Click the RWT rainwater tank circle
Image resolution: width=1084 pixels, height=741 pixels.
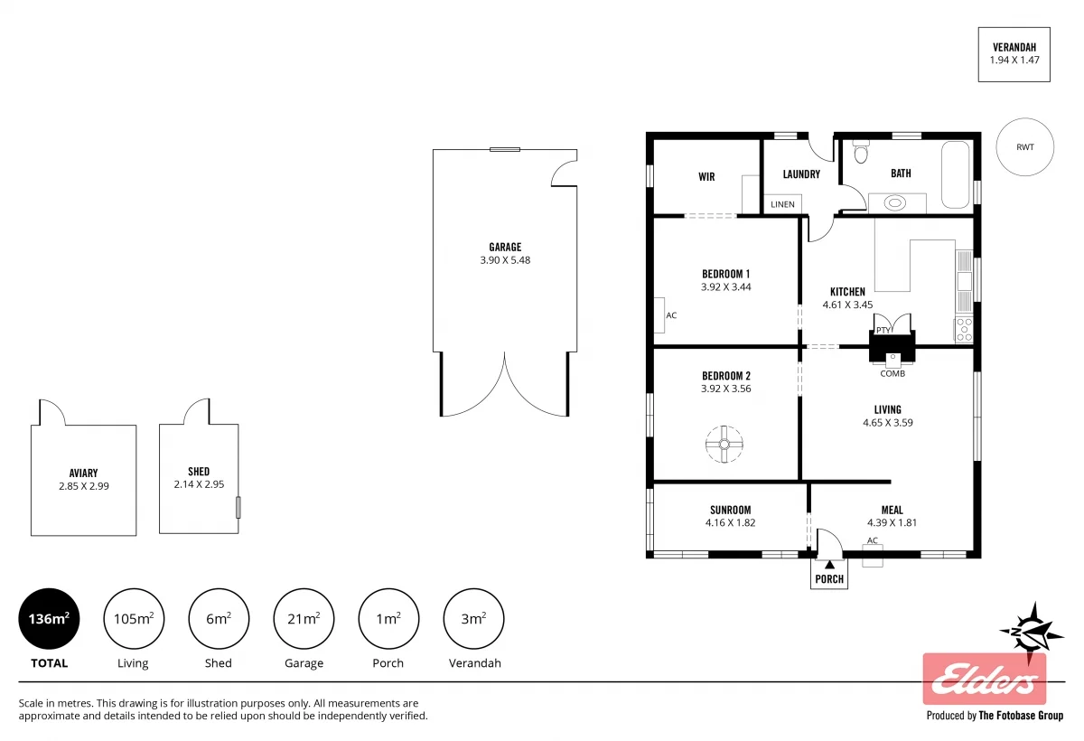coord(1024,147)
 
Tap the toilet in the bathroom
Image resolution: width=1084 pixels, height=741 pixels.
coord(860,153)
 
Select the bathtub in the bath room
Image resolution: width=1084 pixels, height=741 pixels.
coord(955,174)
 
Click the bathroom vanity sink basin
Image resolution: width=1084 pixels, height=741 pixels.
coord(894,203)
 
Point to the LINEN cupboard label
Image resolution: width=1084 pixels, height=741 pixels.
coord(782,204)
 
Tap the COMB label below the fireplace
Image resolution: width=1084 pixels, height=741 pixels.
coord(892,373)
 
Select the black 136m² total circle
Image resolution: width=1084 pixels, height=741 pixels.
coord(49,619)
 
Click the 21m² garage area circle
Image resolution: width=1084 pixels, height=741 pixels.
coord(304,619)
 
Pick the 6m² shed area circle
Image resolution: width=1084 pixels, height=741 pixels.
coord(218,619)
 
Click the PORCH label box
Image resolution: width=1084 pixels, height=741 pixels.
coord(829,578)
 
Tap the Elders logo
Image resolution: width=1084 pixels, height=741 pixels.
coord(984,680)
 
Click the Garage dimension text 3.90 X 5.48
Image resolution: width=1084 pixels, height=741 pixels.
coord(505,260)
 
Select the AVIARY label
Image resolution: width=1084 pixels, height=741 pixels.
coord(83,473)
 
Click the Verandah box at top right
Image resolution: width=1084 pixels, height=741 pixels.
coord(1014,54)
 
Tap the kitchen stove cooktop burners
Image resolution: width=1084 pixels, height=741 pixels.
coord(964,328)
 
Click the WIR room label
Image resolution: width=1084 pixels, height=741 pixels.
coord(706,177)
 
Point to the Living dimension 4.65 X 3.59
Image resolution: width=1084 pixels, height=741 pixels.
coord(887,422)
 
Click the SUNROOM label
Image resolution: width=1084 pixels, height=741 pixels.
coord(729,510)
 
